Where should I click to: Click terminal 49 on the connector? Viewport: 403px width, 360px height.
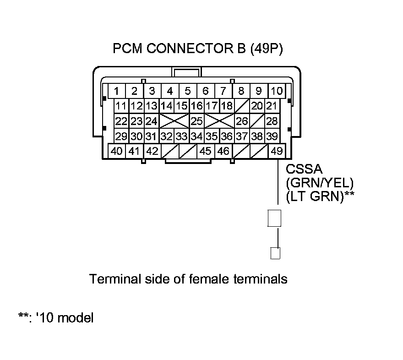coord(277,151)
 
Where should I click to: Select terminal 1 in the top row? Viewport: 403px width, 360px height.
coord(117,91)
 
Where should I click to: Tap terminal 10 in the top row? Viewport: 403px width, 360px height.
coord(276,91)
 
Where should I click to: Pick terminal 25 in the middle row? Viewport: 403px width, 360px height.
coord(197,121)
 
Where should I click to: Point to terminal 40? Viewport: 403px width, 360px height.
coord(117,151)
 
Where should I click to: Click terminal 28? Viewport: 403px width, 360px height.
coord(272,121)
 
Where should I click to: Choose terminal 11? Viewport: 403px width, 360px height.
coord(121,106)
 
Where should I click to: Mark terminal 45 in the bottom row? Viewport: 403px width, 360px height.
coord(206,151)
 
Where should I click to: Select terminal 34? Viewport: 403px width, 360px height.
coord(197,136)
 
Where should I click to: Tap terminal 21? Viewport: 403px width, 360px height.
coord(272,106)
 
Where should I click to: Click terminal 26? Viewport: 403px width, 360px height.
coord(242,121)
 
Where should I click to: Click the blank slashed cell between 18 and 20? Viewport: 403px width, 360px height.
coord(242,106)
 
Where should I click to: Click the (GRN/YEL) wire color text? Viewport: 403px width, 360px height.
coord(319,182)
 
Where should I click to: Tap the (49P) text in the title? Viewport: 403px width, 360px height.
coord(266,49)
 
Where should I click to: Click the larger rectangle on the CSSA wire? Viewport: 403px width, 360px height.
coord(274,218)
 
